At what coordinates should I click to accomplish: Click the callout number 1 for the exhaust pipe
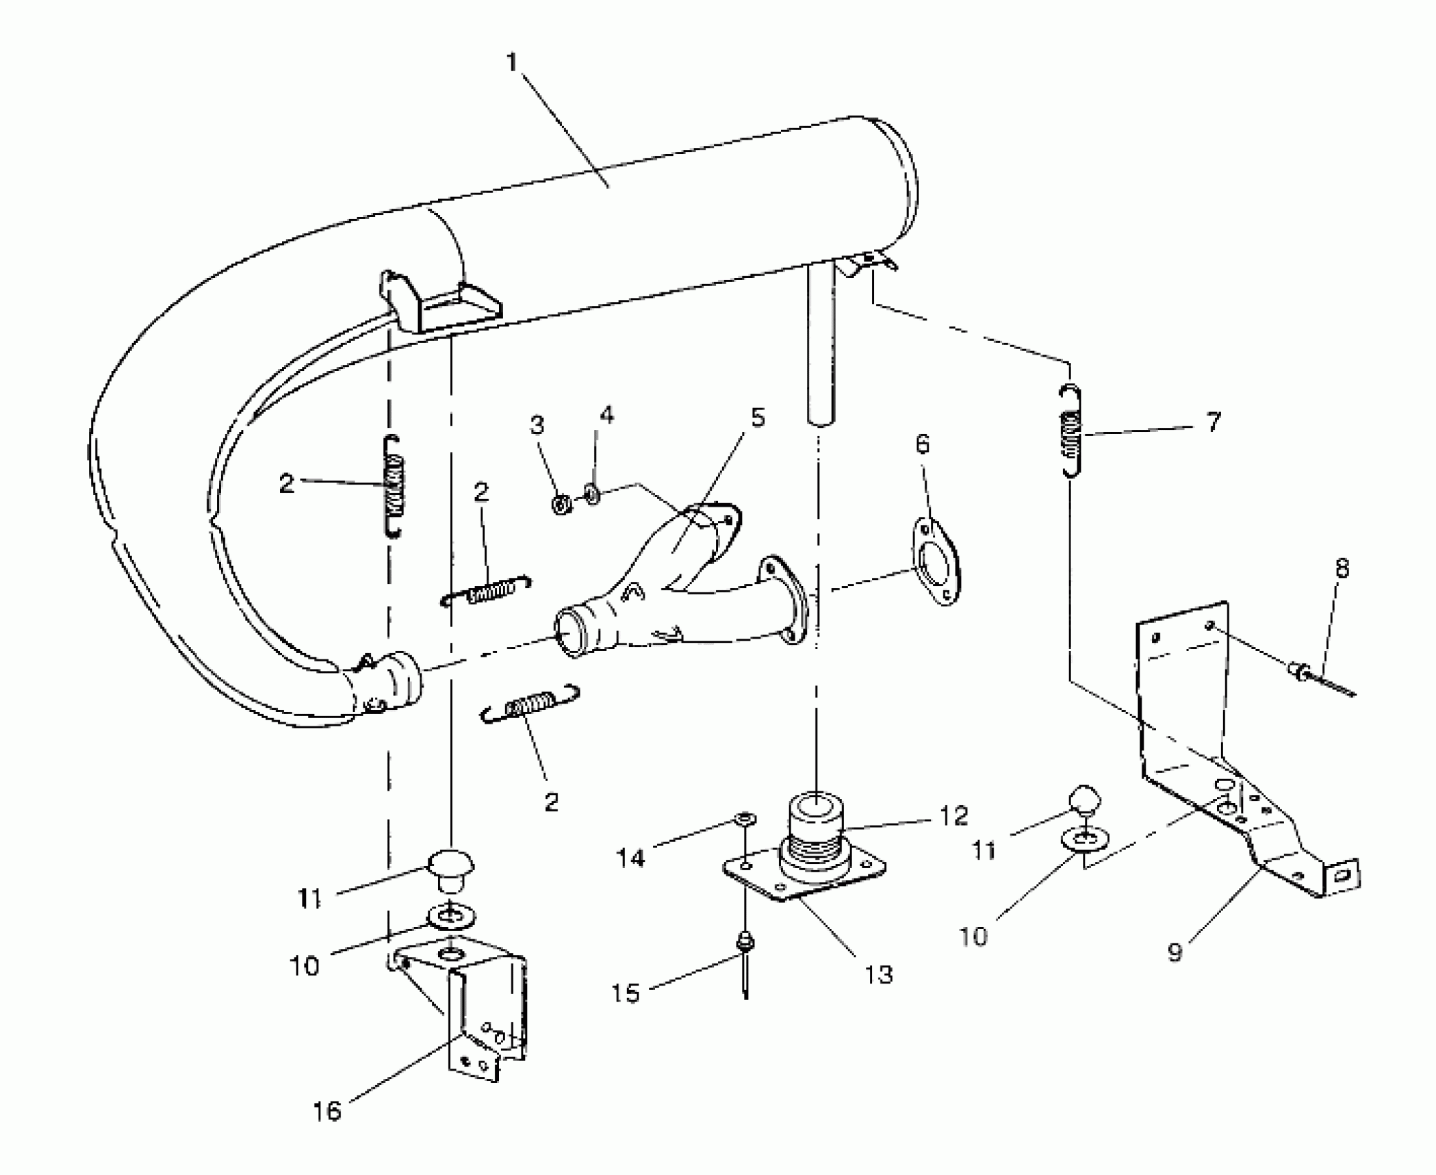[x=511, y=64]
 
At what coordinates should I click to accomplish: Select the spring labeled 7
[x=1071, y=430]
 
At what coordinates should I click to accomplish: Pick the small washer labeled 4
[x=592, y=494]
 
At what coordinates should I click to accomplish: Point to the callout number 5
[x=757, y=417]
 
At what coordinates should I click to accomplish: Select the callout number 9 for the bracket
[x=1175, y=952]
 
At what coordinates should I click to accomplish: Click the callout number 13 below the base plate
[x=878, y=975]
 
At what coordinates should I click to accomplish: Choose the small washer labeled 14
[x=744, y=820]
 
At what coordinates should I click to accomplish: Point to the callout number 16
[x=328, y=1111]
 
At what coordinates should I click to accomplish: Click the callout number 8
[x=1341, y=569]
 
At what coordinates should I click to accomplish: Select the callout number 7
[x=1213, y=422]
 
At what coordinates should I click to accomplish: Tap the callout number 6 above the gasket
[x=923, y=444]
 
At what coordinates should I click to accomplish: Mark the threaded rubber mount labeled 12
[x=815, y=840]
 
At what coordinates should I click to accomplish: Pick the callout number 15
[x=625, y=993]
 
